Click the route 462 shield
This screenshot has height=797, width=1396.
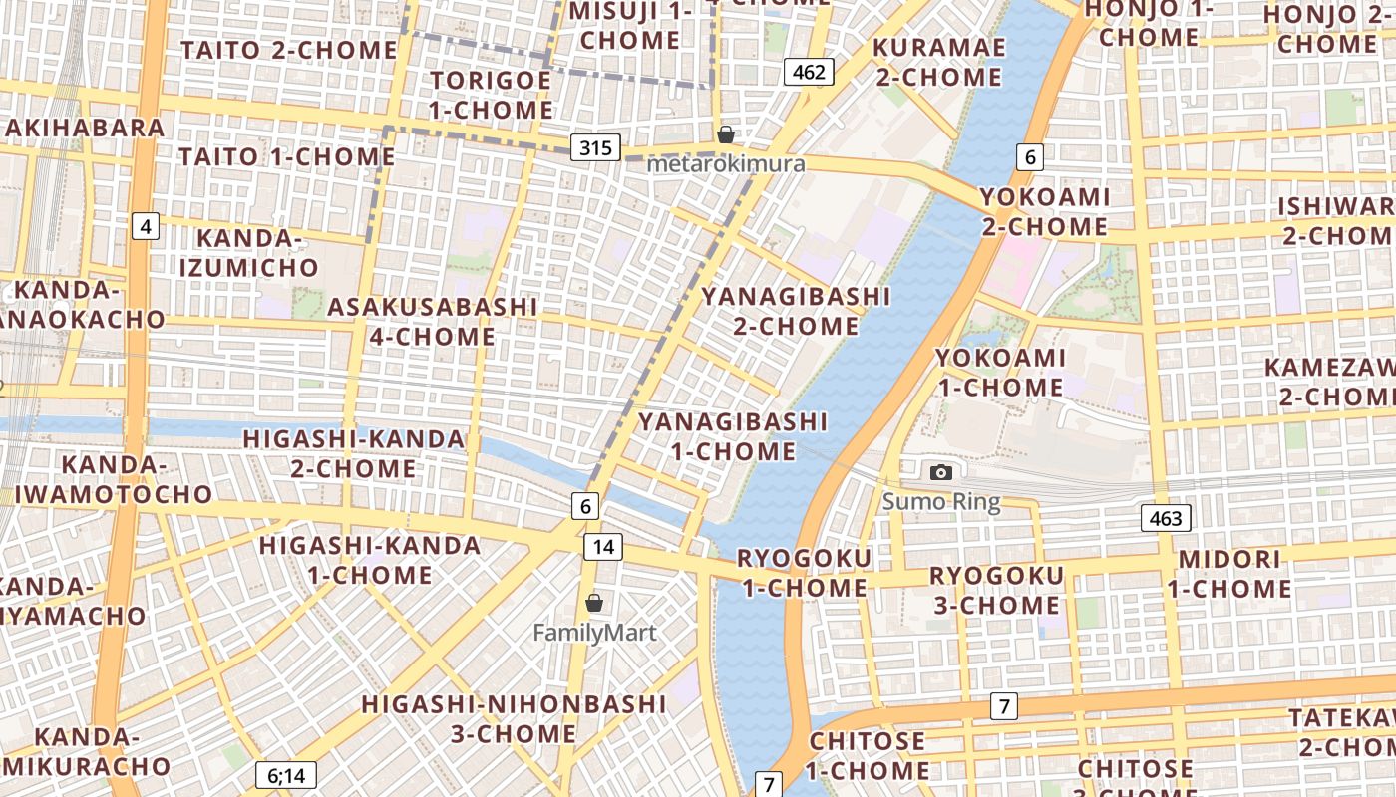809,71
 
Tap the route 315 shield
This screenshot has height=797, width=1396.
595,148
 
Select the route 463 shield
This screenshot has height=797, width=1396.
1166,518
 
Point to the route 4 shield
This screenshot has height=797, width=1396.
146,227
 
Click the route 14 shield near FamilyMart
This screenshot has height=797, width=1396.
603,546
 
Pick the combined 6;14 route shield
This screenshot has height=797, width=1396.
286,775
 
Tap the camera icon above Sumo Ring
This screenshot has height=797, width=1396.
940,472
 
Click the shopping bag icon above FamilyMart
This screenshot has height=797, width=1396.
594,603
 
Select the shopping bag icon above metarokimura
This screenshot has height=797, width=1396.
726,134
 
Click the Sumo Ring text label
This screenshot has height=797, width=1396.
940,501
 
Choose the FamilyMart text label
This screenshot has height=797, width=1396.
594,633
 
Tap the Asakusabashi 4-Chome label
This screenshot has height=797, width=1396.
433,321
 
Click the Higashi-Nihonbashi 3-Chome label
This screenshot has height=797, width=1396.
514,718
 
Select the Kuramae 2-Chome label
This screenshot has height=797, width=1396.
939,62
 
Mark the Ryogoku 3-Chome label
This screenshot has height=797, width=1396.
996,590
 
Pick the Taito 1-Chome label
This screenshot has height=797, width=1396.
287,156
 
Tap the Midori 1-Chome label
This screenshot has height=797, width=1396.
1228,574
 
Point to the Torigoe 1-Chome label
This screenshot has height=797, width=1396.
491,95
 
